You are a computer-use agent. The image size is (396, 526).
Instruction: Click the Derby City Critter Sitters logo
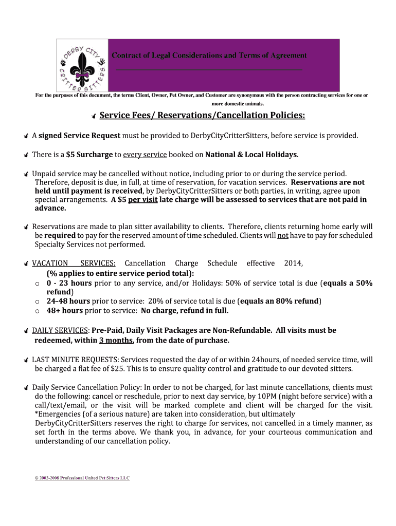(82, 65)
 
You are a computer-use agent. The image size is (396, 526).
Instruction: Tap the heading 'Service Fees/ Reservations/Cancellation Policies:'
(202, 116)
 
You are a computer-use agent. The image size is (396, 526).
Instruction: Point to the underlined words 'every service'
(145, 154)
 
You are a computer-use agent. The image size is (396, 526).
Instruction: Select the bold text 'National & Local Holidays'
(251, 154)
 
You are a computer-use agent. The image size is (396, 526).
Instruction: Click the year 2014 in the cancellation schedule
(293, 263)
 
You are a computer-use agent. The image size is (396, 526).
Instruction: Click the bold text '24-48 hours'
(68, 301)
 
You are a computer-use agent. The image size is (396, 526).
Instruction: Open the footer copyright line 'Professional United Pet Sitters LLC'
(95, 478)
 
